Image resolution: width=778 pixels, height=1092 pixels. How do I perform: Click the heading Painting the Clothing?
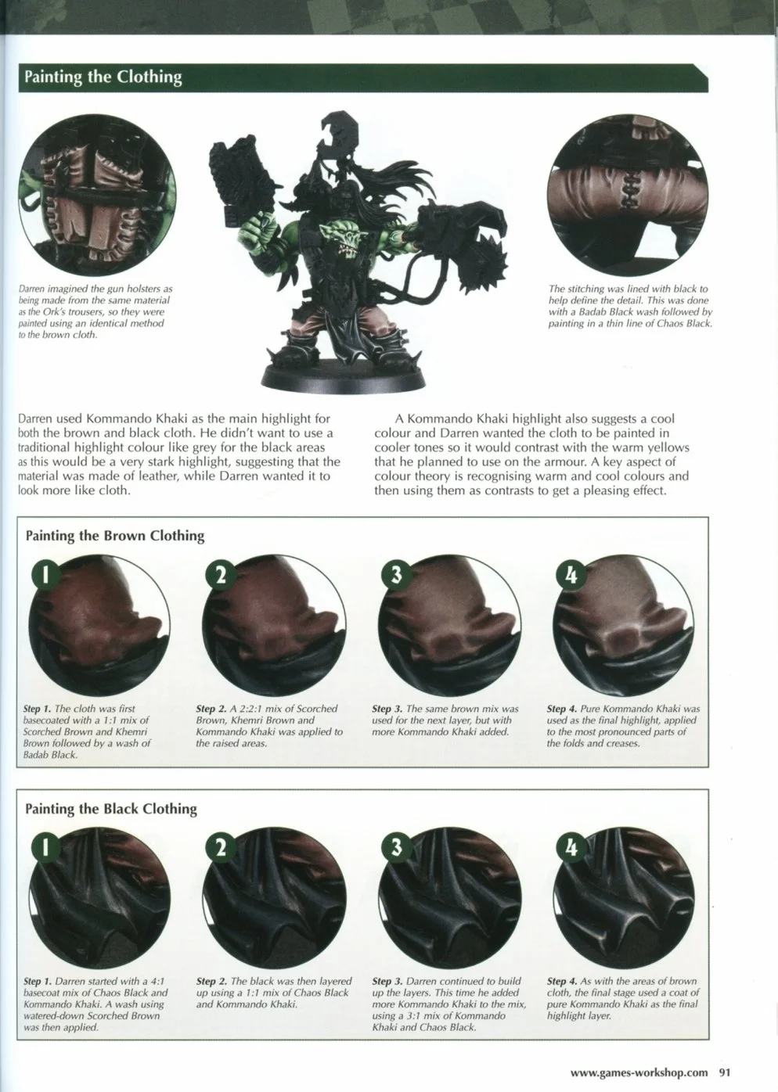103,77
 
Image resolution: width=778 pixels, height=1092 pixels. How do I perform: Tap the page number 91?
724,1072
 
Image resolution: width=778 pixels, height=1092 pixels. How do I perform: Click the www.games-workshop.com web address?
639,1072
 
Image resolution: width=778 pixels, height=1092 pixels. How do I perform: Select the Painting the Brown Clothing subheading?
114,536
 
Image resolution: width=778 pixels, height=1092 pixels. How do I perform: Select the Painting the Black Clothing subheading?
110,809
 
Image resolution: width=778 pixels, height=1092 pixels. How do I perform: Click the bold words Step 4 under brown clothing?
562,709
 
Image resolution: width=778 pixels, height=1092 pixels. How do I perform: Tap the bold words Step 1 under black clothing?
38,982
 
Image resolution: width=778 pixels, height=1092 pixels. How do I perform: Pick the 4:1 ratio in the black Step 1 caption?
155,981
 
